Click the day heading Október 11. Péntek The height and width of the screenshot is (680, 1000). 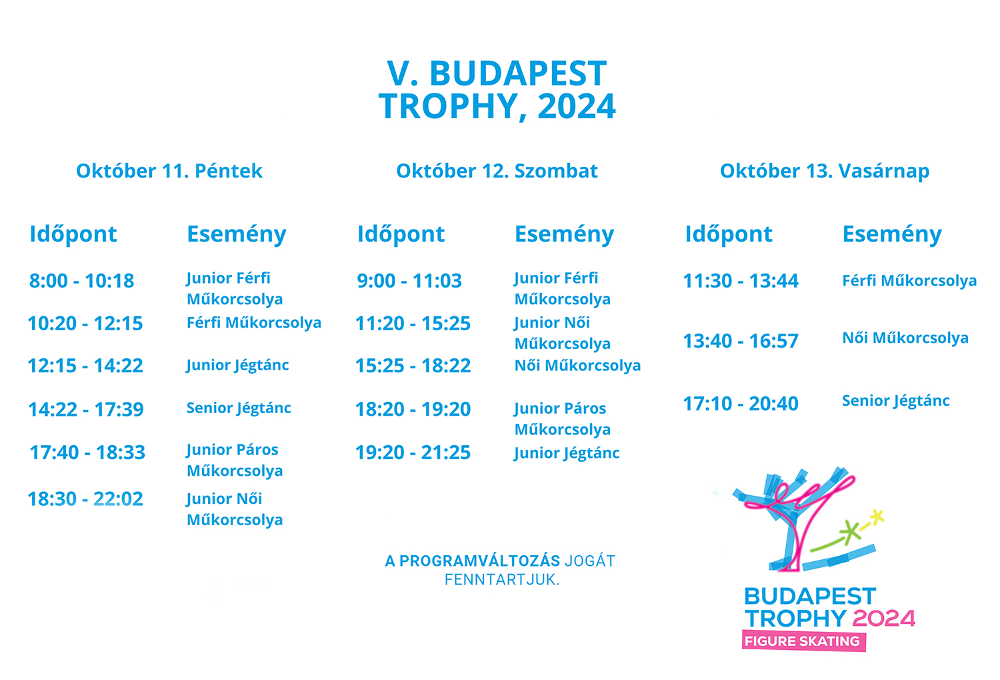click(x=169, y=171)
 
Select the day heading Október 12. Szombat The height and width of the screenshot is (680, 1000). click(x=497, y=171)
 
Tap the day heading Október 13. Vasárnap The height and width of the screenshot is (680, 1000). click(x=825, y=171)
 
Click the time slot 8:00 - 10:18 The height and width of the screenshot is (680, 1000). click(x=82, y=281)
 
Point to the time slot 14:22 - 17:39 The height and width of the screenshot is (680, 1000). click(x=86, y=409)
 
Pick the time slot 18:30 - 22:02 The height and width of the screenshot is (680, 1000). click(x=85, y=498)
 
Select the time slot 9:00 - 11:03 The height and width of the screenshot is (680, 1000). click(x=409, y=281)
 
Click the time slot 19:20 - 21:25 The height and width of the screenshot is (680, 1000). click(x=413, y=452)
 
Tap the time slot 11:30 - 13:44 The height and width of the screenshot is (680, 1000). click(x=741, y=281)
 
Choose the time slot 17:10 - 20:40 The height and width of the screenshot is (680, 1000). click(x=741, y=404)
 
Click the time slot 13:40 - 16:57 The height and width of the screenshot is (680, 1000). click(x=741, y=341)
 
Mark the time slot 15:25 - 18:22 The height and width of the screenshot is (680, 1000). click(x=413, y=366)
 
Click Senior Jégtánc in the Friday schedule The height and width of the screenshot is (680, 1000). click(x=239, y=408)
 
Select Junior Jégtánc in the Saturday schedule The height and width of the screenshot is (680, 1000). click(x=567, y=454)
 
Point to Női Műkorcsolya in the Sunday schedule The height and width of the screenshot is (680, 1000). click(x=905, y=338)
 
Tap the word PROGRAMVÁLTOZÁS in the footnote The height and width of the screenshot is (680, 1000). click(x=480, y=561)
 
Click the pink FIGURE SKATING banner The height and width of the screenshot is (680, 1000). click(x=803, y=641)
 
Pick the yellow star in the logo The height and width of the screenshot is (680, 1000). click(x=877, y=517)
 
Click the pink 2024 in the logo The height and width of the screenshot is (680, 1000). click(x=884, y=619)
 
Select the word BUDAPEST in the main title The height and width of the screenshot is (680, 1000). click(x=518, y=73)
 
